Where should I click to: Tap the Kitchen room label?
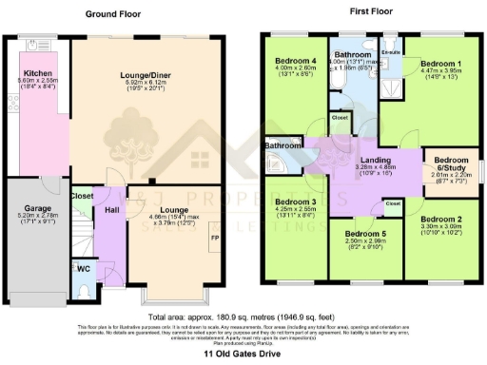38,72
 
